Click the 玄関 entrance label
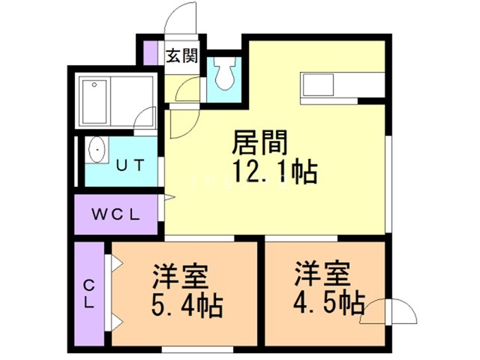181,56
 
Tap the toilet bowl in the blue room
226,73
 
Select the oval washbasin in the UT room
97,150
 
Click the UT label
130,166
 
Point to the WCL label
116,214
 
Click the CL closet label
89,295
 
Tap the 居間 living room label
259,142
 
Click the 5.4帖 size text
187,305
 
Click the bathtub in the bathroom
94,102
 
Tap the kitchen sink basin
318,85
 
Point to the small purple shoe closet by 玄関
150,52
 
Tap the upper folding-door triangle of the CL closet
117,263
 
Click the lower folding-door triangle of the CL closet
117,322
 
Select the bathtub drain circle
94,85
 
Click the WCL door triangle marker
169,197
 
